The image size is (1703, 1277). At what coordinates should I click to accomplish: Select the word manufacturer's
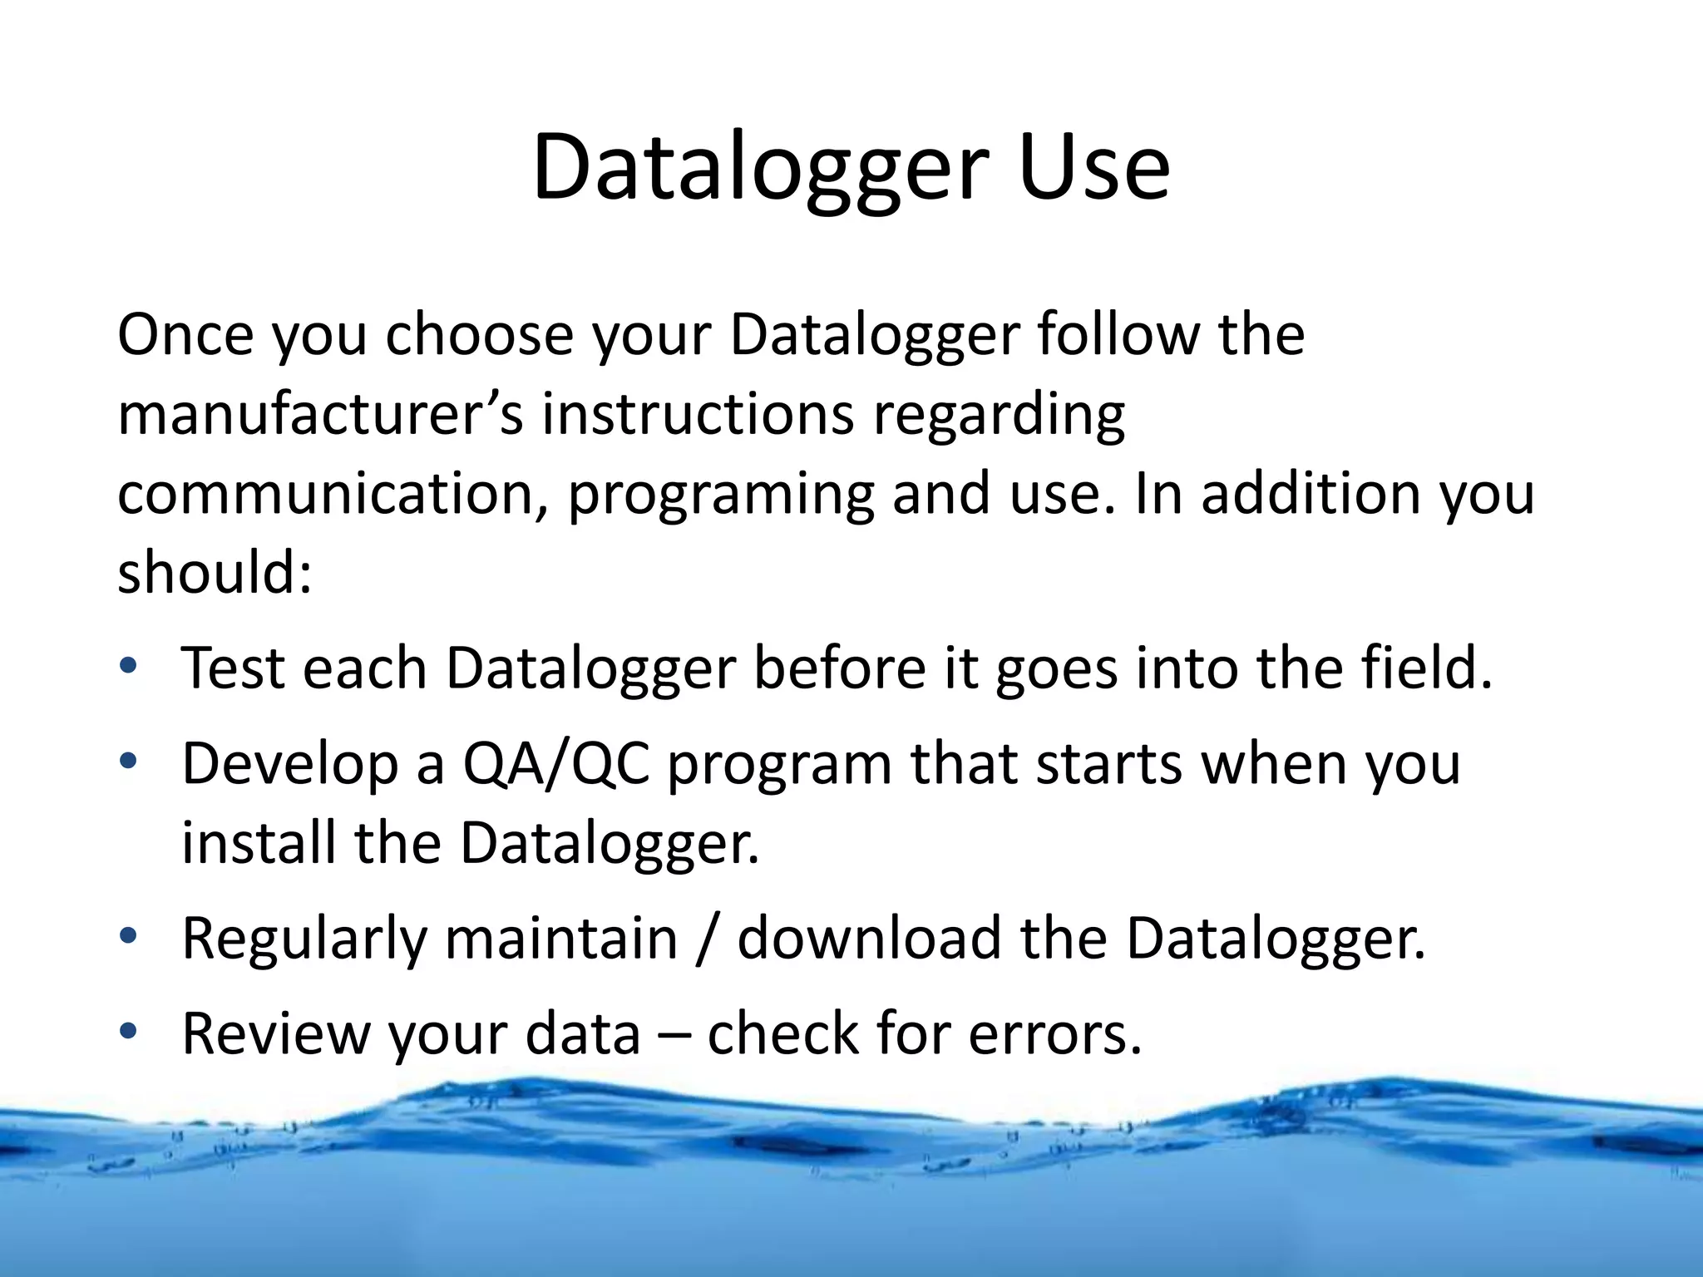pyautogui.click(x=320, y=413)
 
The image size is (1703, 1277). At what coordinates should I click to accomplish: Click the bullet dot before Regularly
pyautogui.click(x=127, y=936)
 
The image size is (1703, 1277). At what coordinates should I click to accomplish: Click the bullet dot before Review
pyautogui.click(x=127, y=1032)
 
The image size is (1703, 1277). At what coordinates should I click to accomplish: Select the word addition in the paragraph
pyautogui.click(x=1311, y=493)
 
